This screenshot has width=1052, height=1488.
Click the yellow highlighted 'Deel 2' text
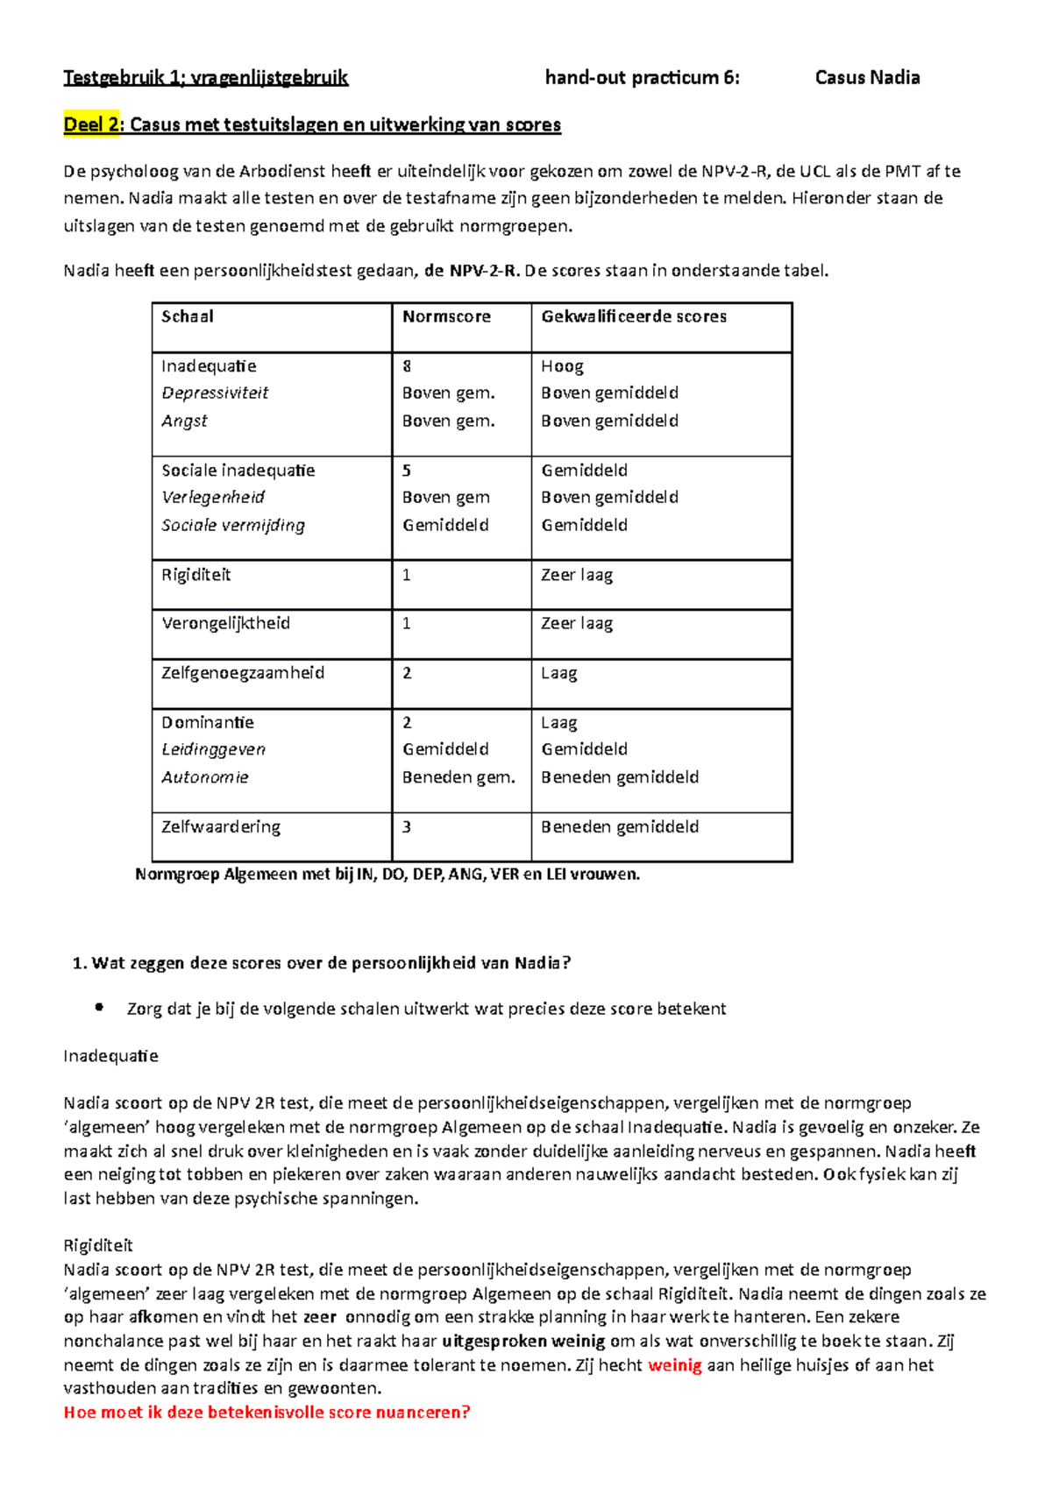tap(92, 124)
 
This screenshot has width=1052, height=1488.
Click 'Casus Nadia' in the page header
tap(867, 78)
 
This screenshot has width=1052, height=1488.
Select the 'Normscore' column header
tap(446, 316)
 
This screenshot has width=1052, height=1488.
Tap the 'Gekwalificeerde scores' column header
tap(634, 316)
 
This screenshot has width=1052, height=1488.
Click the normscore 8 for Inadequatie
tap(407, 366)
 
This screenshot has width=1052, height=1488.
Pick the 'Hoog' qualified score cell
tap(562, 366)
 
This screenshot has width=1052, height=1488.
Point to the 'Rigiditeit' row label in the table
tap(196, 575)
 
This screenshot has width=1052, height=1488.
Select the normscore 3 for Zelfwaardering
tap(407, 826)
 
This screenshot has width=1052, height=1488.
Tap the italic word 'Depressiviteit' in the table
tap(215, 393)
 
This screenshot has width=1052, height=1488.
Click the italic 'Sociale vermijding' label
tap(233, 525)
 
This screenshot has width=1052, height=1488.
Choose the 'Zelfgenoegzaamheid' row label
tap(243, 673)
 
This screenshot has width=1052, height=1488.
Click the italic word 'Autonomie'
tap(205, 777)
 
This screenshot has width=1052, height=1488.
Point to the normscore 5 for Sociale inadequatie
tap(407, 471)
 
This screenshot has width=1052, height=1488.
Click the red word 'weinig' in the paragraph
tap(674, 1365)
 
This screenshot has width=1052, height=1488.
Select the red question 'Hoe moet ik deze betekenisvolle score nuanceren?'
tap(267, 1413)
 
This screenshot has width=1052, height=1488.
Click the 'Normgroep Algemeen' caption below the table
tap(387, 875)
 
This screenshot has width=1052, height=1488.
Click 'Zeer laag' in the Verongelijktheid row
tap(577, 623)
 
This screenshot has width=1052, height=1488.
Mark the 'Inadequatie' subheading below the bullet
tap(110, 1056)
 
